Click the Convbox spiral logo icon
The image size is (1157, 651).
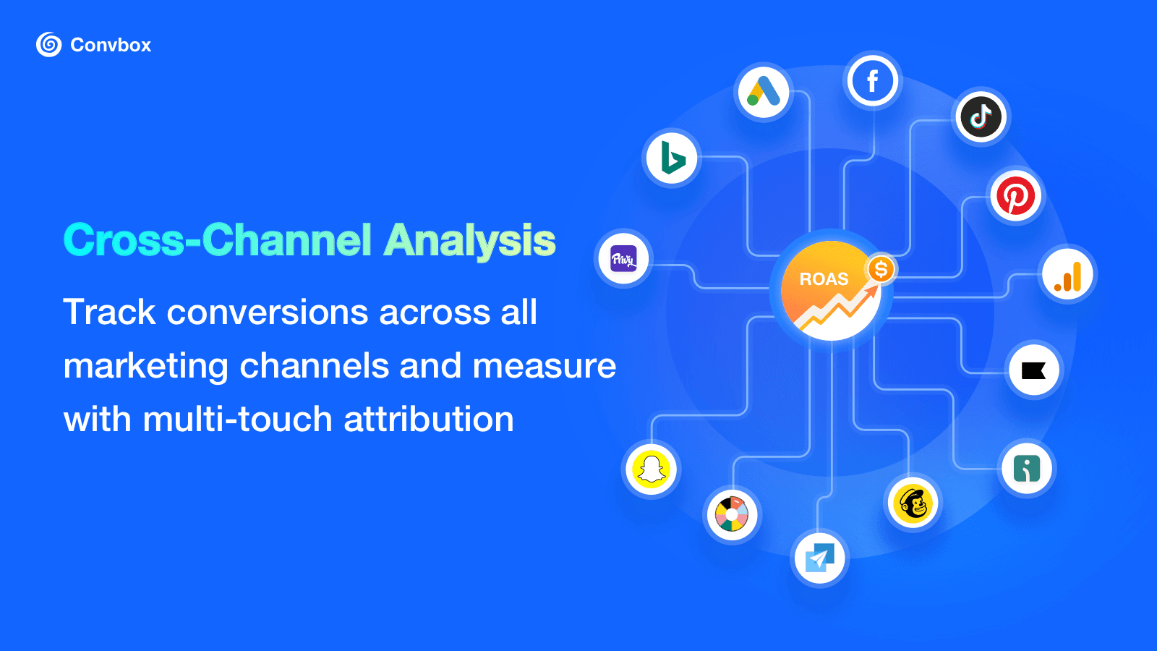click(48, 45)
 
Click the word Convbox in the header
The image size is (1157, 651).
click(111, 45)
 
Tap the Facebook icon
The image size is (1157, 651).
click(873, 80)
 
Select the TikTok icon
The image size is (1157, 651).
click(981, 116)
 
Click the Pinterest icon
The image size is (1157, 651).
click(1015, 196)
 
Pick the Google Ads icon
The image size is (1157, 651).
click(764, 92)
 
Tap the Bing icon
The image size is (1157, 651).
click(672, 158)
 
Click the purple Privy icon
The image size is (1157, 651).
click(623, 259)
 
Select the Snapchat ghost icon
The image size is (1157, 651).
click(652, 469)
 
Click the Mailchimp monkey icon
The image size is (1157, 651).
click(913, 503)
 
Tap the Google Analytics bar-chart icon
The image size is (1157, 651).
click(1068, 276)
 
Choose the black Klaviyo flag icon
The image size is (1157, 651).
click(1034, 370)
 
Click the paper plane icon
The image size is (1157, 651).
click(819, 558)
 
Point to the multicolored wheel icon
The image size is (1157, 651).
click(732, 515)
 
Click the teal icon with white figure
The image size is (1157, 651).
click(1027, 469)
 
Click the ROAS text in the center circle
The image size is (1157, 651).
click(824, 279)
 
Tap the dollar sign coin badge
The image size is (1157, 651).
click(881, 270)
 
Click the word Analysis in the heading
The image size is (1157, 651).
click(470, 240)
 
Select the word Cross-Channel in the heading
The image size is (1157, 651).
click(217, 240)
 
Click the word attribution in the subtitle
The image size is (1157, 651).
click(429, 420)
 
